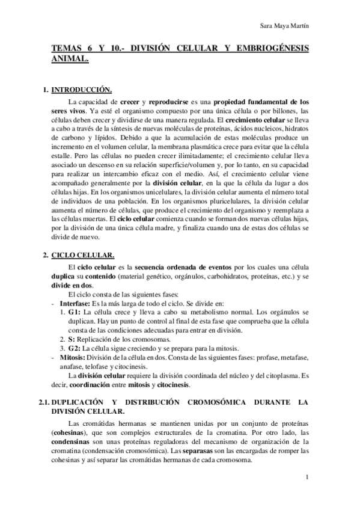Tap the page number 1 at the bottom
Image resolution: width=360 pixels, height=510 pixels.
tap(307, 478)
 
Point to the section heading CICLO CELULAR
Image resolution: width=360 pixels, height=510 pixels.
tap(78, 256)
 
